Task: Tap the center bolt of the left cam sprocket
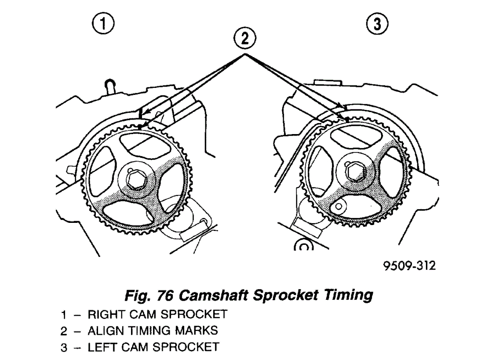pos(353,172)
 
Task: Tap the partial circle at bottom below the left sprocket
pos(303,245)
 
